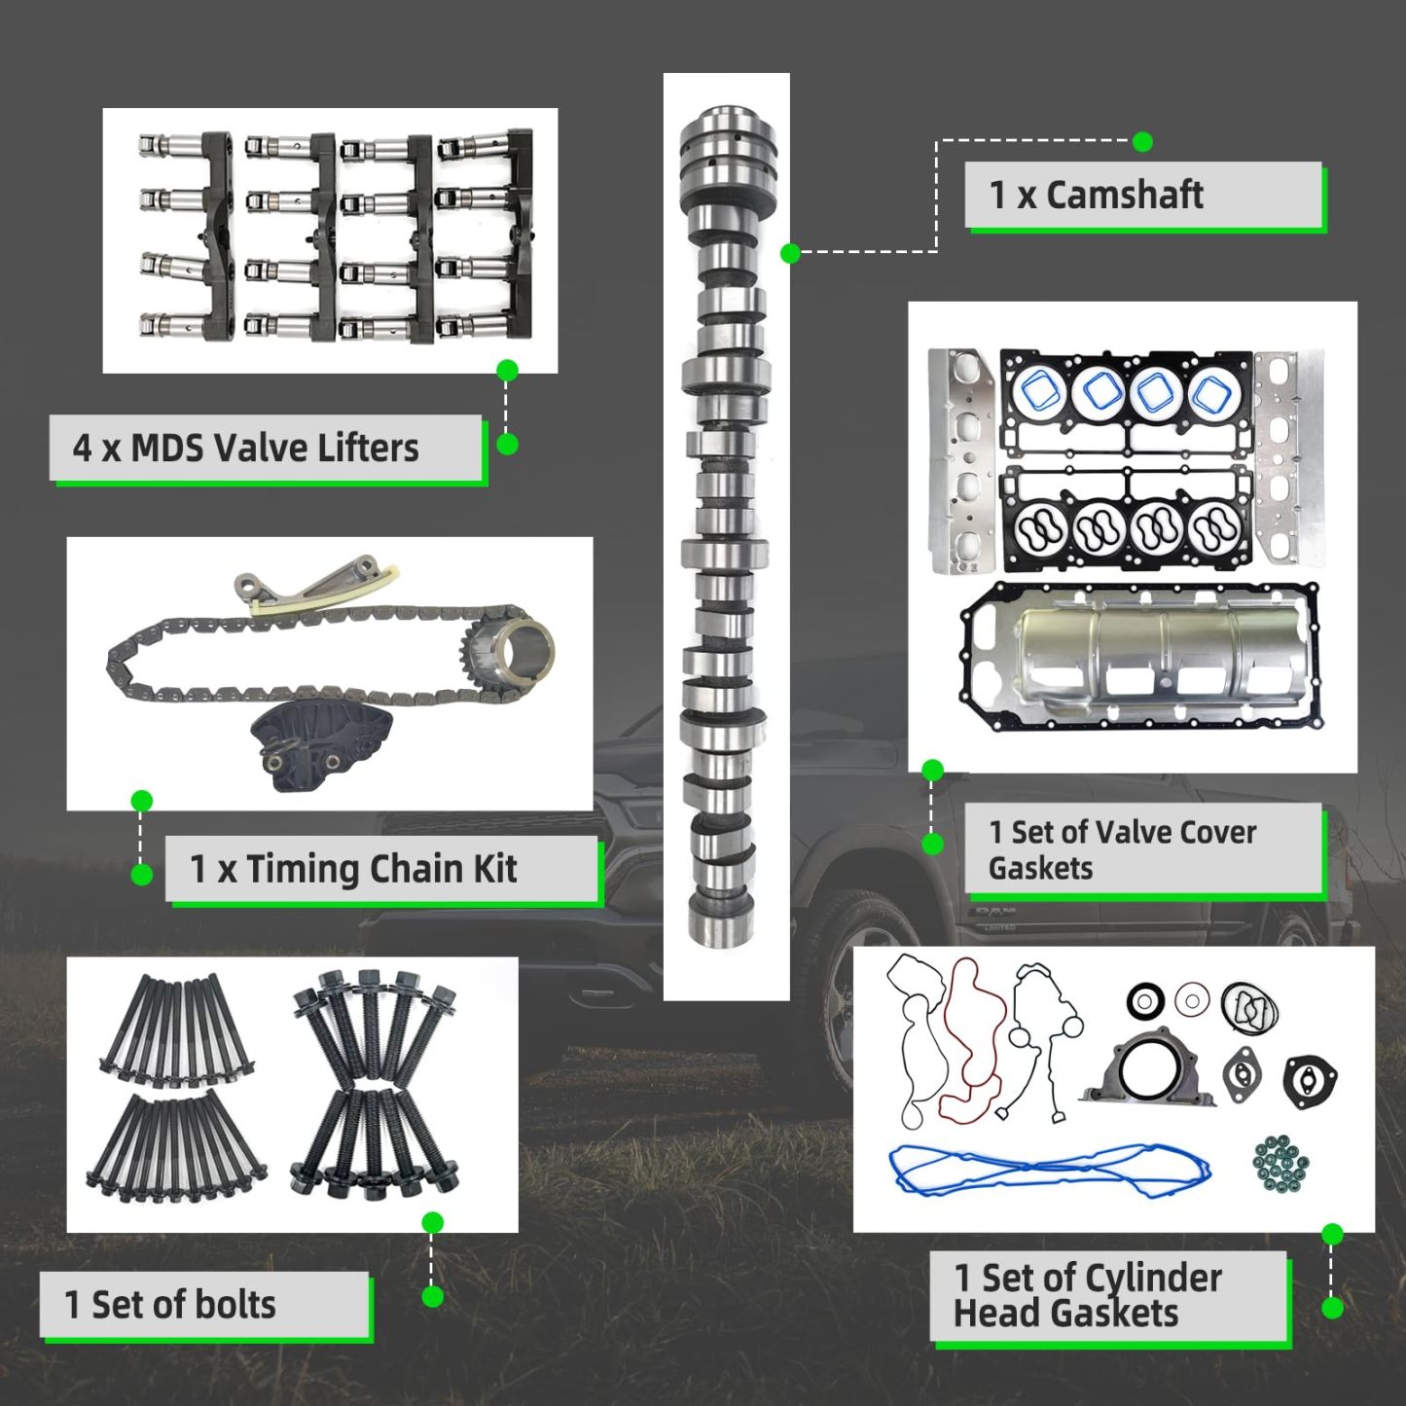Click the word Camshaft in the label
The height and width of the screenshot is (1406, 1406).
[1125, 196]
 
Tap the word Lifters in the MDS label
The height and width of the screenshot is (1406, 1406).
[366, 449]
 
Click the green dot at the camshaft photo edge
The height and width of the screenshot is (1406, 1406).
[790, 253]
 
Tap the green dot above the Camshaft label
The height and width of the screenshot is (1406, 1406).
[1143, 142]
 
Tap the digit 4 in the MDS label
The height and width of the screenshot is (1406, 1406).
[83, 449]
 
